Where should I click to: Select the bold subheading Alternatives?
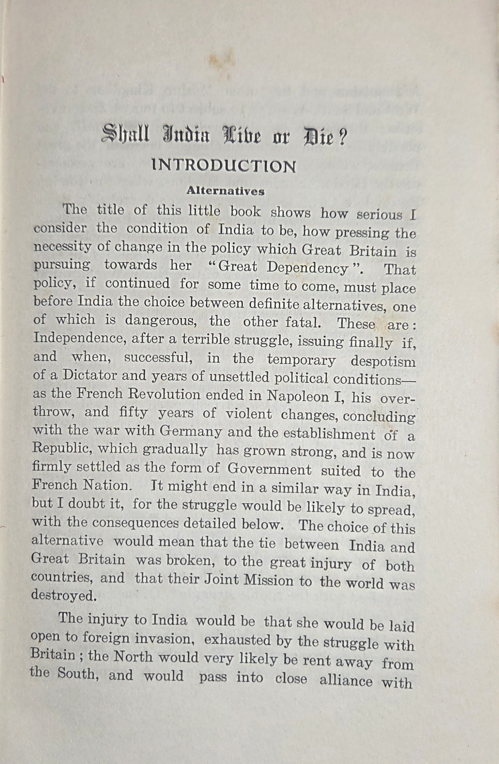click(x=226, y=191)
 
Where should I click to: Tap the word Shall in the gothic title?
click(x=126, y=135)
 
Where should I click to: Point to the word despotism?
click(x=383, y=362)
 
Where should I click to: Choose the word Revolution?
click(x=164, y=394)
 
